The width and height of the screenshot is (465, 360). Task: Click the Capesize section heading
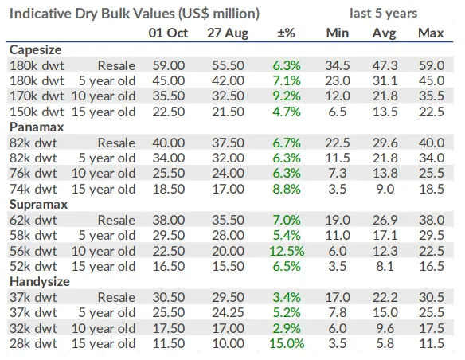coord(36,50)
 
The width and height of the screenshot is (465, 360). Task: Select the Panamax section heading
coord(37,127)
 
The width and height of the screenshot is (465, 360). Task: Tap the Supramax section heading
coord(38,205)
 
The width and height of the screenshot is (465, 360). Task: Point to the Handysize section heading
coord(40,281)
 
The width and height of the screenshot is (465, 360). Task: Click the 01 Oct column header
coord(168,33)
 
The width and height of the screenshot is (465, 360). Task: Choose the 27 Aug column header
coord(228,33)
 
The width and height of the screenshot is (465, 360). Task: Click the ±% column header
coord(286,33)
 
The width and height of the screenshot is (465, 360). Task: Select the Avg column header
coord(385,33)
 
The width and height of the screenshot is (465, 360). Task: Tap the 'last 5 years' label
coord(384,13)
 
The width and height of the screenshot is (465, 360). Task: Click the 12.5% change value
coord(287,251)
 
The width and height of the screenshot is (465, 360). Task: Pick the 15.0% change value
coord(287,344)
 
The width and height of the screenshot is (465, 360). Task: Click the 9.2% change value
coord(287,96)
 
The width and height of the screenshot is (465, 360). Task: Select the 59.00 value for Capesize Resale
coord(169,65)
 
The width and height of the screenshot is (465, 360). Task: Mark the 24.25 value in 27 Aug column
coord(228,312)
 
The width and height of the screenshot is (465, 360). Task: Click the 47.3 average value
coord(385,65)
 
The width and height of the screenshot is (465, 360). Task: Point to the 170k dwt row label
coord(37,96)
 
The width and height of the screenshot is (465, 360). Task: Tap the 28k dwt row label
coord(33,344)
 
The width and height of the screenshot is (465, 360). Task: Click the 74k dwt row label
coord(33,190)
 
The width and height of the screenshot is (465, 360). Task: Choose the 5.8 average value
coord(385,344)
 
